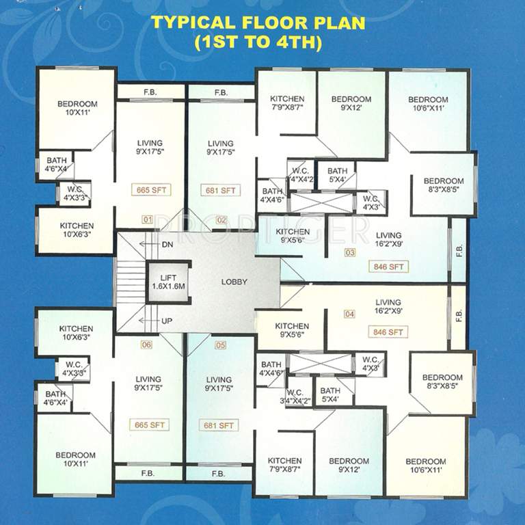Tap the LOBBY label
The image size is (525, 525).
tap(234, 282)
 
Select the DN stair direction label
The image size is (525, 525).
tap(167, 244)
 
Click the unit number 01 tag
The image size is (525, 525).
tap(146, 220)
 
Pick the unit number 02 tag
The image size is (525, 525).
tap(221, 220)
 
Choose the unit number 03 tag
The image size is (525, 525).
tap(350, 253)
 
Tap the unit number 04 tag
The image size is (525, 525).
tap(350, 314)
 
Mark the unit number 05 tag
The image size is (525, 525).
tap(220, 345)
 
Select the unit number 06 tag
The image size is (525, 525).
tap(146, 345)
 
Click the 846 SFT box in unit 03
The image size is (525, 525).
tap(387, 267)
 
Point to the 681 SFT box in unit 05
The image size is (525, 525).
tap(219, 425)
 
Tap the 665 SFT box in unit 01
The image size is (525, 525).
tap(152, 189)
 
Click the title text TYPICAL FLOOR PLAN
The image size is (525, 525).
tap(258, 22)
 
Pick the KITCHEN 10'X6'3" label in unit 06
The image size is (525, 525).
tap(76, 333)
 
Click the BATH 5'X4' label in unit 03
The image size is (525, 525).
tap(337, 175)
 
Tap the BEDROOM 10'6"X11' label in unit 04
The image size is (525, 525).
tap(425, 466)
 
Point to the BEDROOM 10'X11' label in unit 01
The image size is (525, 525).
tap(77, 108)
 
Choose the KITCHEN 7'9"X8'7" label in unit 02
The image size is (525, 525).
tap(286, 103)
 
